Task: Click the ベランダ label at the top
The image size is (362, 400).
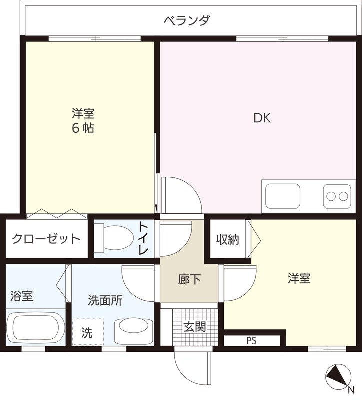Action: coord(187,21)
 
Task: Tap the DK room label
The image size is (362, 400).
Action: coord(262,118)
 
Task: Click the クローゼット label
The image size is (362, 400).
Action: coord(46,238)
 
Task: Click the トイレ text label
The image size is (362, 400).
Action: coord(143,238)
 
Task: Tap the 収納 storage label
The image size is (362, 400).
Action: coord(228,240)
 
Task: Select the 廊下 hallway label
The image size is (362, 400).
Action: coord(189,279)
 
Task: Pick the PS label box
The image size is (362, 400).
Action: coord(251,341)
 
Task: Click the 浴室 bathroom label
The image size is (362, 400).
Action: coord(22,295)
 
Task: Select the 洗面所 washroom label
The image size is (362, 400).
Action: coord(105,300)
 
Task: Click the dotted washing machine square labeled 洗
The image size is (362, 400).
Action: coord(88,332)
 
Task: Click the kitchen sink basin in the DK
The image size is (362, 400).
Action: coord(283,196)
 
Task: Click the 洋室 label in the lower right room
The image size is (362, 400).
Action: coord(299,278)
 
